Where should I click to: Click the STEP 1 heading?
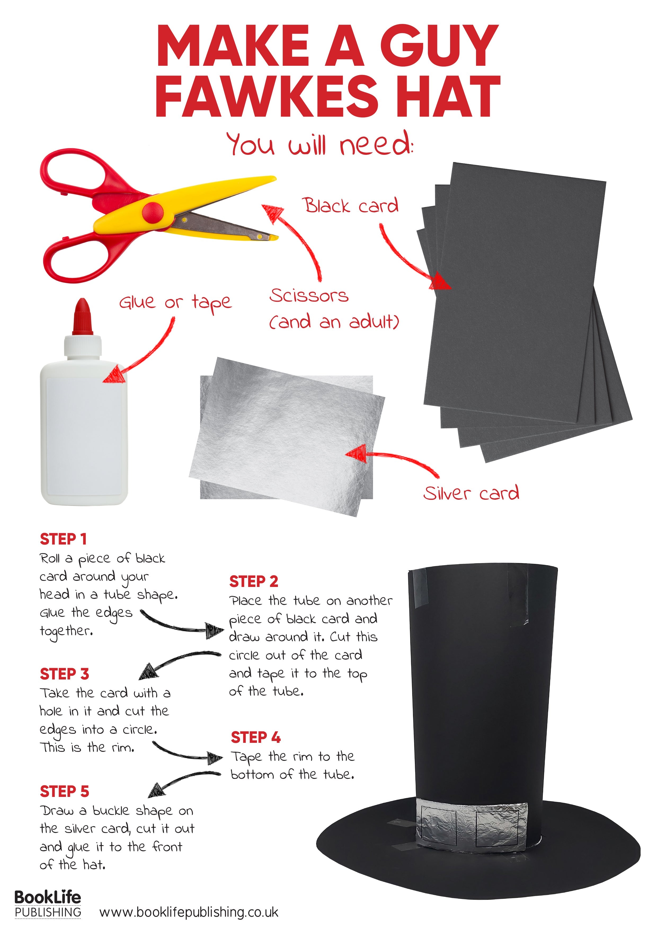point(63,539)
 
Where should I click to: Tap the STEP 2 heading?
point(254,581)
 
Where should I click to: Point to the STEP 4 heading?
point(255,738)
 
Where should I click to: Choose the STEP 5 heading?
point(64,791)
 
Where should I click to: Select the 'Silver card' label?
point(471,493)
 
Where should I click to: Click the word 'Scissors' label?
point(309,296)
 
